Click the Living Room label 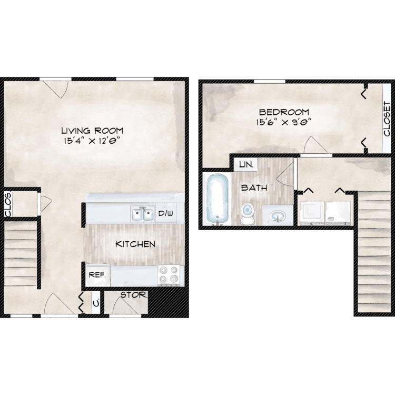(x=93, y=131)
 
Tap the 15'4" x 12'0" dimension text (x=91, y=140)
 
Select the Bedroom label (x=284, y=112)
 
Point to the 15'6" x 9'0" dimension (x=284, y=122)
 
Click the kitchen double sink (x=143, y=214)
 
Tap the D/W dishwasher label (x=165, y=213)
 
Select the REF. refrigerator (x=97, y=275)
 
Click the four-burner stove (x=169, y=275)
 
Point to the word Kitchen (x=135, y=244)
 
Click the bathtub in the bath (x=218, y=199)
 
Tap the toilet (x=248, y=214)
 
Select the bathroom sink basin (x=278, y=216)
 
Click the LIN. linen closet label (x=246, y=165)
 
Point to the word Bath (x=254, y=187)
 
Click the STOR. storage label (x=134, y=295)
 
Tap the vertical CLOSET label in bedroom (x=387, y=119)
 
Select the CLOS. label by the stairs (x=8, y=204)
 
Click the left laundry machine (x=312, y=213)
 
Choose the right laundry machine (x=338, y=213)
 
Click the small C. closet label (x=96, y=303)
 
